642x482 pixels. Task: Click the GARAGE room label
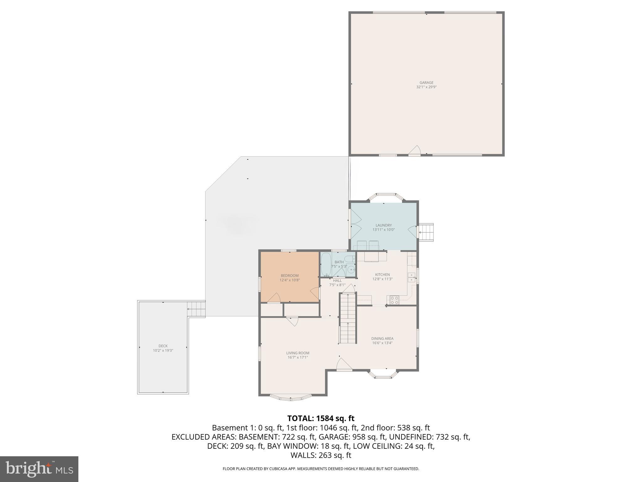pyautogui.click(x=426, y=83)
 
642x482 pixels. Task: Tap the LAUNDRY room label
pyautogui.click(x=383, y=225)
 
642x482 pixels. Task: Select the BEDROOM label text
pyautogui.click(x=290, y=276)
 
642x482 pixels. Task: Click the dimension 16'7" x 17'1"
pyautogui.click(x=298, y=357)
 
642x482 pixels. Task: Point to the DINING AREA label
pyautogui.click(x=382, y=339)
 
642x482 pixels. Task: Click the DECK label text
pyautogui.click(x=163, y=346)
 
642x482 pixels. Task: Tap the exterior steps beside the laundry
pyautogui.click(x=426, y=232)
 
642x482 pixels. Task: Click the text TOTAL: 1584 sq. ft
pyautogui.click(x=321, y=418)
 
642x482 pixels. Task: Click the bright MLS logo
pyautogui.click(x=39, y=469)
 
